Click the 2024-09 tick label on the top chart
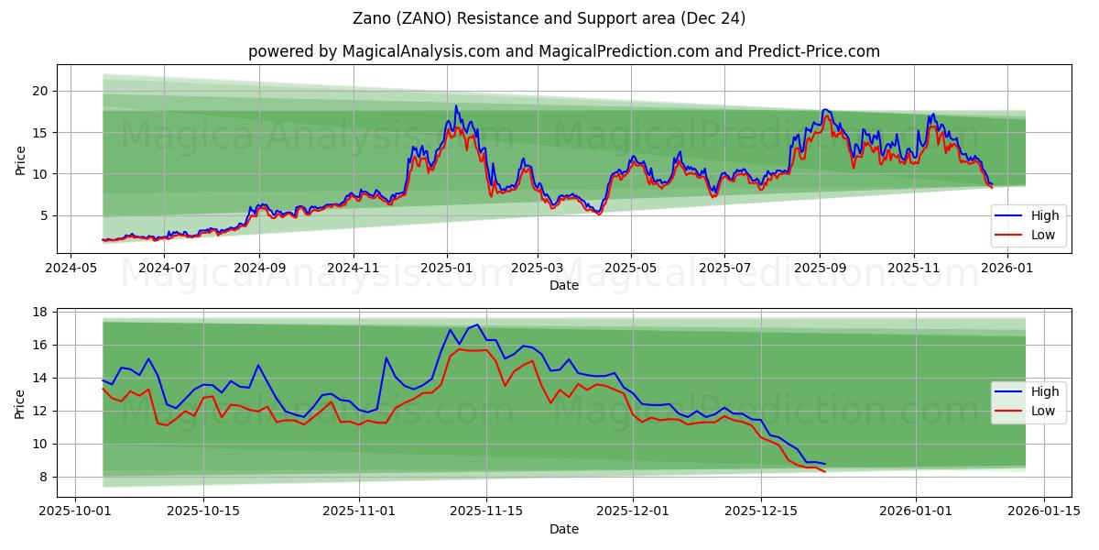click(x=258, y=269)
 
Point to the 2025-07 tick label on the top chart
click(x=724, y=269)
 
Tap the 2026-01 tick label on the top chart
click(x=1008, y=269)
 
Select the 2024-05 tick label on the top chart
click(x=71, y=269)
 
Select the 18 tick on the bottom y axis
click(x=40, y=312)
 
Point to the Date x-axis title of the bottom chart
click(x=564, y=529)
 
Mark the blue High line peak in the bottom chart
click(x=477, y=324)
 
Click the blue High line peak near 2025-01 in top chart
click(x=456, y=105)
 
